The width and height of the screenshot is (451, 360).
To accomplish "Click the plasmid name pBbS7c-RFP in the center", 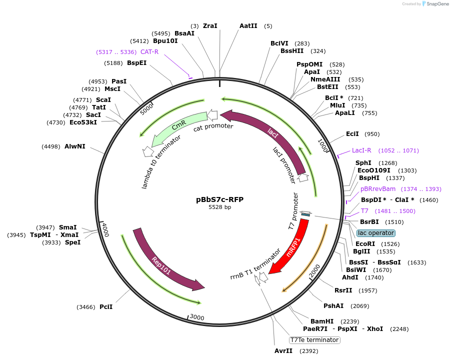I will coord(219,199).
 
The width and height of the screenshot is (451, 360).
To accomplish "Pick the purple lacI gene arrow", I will coord(272,132).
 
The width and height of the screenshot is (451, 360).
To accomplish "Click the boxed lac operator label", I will coord(376,233).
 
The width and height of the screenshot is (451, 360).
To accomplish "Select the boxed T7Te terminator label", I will coord(314,340).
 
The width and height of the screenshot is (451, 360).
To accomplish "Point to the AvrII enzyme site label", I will coord(283,351).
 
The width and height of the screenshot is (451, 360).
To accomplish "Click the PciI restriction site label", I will coord(105,307).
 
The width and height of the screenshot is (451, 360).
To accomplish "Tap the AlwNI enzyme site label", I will coord(75,146).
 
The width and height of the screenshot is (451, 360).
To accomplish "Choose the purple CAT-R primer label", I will coord(149,51).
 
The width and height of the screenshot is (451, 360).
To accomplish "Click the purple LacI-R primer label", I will coord(361,150).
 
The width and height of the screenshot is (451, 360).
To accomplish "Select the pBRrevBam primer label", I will coord(378,188).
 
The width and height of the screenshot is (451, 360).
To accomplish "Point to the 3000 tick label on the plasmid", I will coord(196,317).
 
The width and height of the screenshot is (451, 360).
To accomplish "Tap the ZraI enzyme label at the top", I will coord(210,25).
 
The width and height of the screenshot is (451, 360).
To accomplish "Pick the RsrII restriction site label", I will coord(343,290).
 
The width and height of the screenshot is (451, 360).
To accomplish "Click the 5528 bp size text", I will coord(219,207).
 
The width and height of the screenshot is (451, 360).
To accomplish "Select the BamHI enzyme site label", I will coord(322,321).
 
